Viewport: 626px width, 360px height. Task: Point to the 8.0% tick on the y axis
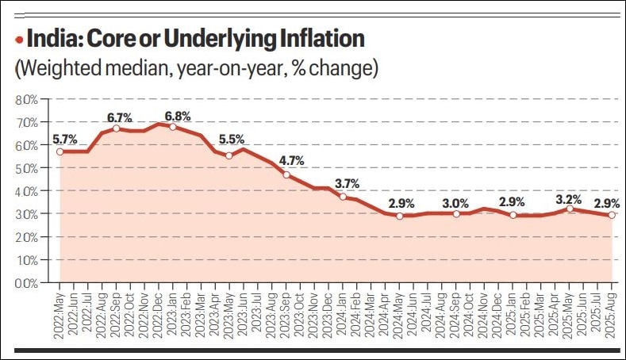coord(26,100)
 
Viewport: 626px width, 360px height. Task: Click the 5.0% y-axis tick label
coord(26,169)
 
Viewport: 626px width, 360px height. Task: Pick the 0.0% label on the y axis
coord(26,283)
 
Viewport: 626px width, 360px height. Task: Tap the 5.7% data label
coord(64,140)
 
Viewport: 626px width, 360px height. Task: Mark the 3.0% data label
coord(457,202)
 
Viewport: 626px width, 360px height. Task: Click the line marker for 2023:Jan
coord(173,127)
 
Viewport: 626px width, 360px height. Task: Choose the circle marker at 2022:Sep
coord(116,128)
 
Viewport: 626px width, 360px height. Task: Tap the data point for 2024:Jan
coord(343,197)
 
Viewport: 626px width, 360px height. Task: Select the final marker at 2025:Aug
coord(612,215)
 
